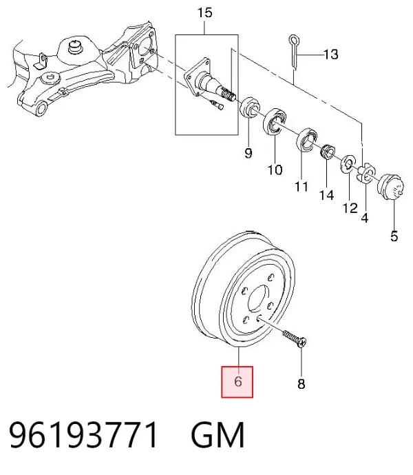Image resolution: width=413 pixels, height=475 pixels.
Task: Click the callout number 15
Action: click(205, 12)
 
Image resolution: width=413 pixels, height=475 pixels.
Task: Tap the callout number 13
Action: click(331, 54)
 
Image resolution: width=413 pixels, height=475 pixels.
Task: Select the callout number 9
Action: click(248, 153)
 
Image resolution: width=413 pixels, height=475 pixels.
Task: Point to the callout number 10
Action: click(275, 170)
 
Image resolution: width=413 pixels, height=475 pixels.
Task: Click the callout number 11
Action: click(301, 186)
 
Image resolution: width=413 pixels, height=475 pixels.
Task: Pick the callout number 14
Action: click(327, 195)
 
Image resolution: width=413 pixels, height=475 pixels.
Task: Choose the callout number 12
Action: click(350, 208)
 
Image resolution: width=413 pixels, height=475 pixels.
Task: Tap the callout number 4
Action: click(365, 218)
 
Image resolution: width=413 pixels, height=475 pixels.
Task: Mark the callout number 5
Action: click(394, 236)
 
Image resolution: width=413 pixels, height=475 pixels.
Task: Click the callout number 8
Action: click(301, 384)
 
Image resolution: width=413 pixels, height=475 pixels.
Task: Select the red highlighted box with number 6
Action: click(237, 382)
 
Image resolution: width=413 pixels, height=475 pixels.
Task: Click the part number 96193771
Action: click(84, 435)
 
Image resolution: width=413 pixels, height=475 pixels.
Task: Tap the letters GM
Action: click(218, 435)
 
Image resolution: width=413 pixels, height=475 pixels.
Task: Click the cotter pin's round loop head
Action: click(293, 40)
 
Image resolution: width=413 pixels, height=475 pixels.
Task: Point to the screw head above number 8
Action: click(301, 343)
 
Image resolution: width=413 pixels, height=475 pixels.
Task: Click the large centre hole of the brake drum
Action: click(258, 298)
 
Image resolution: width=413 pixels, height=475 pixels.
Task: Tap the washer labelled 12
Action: click(348, 165)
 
